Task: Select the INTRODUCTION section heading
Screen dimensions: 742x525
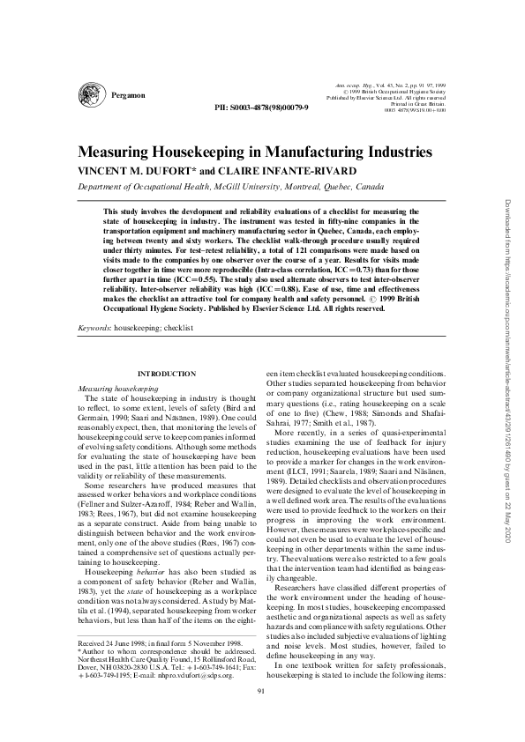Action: coord(167,375)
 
